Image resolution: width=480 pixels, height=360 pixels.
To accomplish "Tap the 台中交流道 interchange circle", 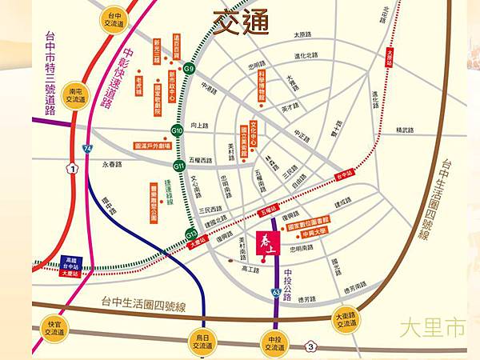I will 111,19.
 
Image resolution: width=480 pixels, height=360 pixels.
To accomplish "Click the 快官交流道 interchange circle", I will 54,329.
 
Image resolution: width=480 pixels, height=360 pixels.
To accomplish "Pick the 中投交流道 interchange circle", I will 273,341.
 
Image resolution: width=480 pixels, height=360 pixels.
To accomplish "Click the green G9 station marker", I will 190,70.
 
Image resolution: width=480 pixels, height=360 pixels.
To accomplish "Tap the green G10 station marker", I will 178,130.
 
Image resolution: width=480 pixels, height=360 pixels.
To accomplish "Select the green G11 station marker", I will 179,165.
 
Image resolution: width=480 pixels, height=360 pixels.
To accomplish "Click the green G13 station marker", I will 191,234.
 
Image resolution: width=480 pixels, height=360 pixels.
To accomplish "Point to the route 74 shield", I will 86,149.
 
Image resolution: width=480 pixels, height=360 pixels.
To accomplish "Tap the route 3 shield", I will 310,346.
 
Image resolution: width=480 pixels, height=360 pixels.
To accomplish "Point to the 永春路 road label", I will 112,164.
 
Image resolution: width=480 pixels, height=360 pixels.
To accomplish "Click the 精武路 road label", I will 406,130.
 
